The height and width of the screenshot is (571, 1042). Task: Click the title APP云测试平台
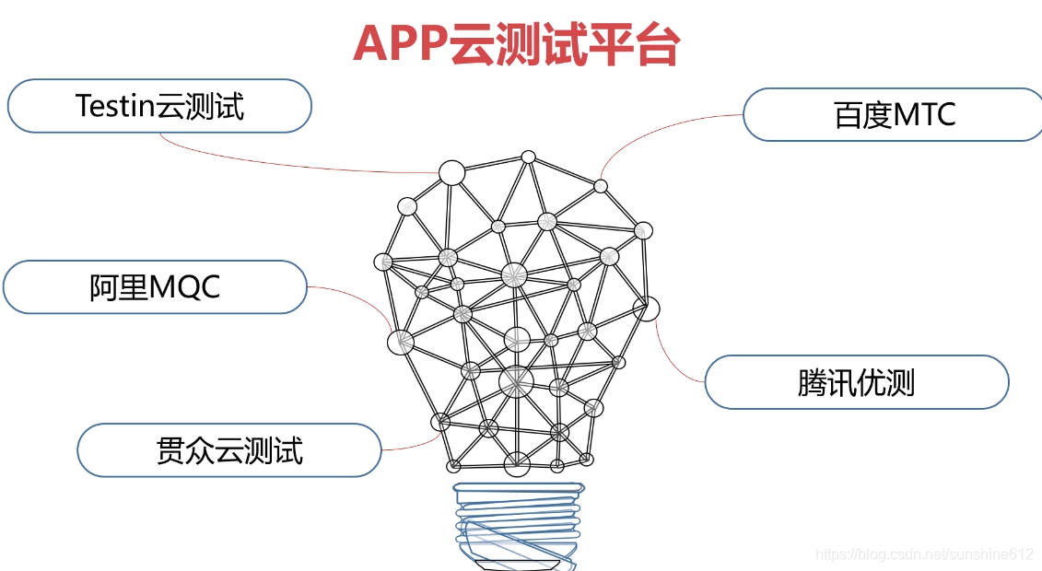[x=516, y=43]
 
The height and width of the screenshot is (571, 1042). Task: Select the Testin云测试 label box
[x=159, y=106]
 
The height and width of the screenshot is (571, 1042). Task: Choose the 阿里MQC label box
[x=155, y=286]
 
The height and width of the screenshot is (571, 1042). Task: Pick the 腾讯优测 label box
[x=857, y=382]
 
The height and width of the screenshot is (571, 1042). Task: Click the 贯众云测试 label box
[x=228, y=450]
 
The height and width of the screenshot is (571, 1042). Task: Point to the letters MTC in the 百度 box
[x=925, y=115]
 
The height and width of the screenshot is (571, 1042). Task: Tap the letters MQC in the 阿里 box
[x=184, y=286]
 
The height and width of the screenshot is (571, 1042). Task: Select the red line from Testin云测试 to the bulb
[x=276, y=160]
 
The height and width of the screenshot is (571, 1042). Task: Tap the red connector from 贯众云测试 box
[x=410, y=447]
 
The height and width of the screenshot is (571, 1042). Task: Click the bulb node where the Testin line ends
[x=451, y=172]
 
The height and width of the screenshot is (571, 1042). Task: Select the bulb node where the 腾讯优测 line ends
[x=647, y=309]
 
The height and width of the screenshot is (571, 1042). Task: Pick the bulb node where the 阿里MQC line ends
[x=400, y=343]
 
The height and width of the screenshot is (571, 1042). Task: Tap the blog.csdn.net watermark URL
[x=925, y=554]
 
